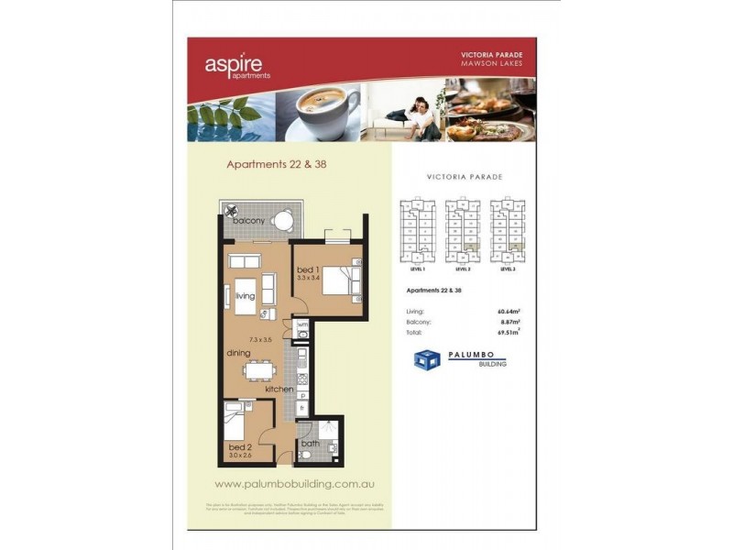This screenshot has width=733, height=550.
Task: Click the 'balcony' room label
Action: [248, 222]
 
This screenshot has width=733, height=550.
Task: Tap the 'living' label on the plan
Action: [244, 296]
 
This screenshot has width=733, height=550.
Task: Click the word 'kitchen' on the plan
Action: [279, 390]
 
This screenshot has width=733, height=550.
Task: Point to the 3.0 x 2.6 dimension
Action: [240, 456]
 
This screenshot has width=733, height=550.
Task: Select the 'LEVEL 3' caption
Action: [509, 270]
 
